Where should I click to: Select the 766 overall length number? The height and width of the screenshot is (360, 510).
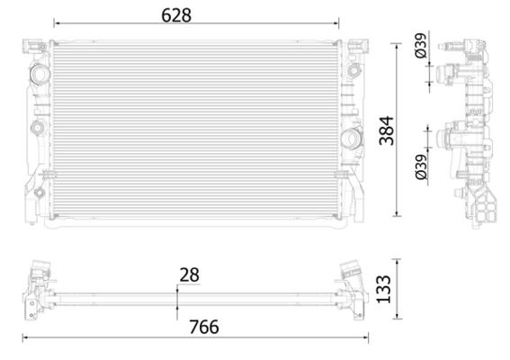(201, 327)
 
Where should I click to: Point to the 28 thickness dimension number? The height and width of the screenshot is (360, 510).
(189, 274)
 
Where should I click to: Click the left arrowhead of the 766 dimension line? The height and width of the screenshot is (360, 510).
(24, 338)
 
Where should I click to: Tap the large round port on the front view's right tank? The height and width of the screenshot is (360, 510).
(351, 138)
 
